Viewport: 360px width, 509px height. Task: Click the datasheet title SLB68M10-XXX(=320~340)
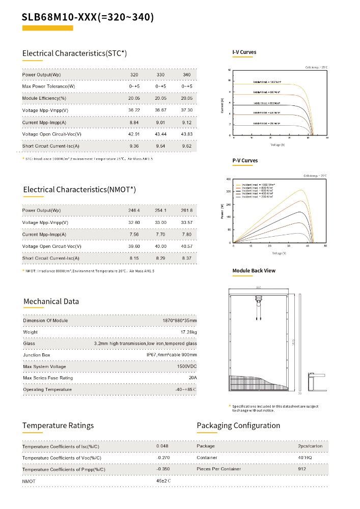pyautogui.click(x=88, y=17)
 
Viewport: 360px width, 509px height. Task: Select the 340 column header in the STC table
pyautogui.click(x=187, y=75)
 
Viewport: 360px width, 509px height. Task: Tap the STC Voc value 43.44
pyautogui.click(x=160, y=134)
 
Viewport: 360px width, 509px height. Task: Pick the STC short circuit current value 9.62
pyautogui.click(x=187, y=146)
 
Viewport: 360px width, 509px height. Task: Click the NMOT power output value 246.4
pyautogui.click(x=134, y=210)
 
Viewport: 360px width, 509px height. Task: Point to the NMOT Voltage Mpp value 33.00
pyautogui.click(x=160, y=222)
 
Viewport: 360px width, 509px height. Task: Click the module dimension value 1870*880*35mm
pyautogui.click(x=179, y=320)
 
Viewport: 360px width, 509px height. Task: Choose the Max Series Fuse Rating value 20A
pyautogui.click(x=192, y=378)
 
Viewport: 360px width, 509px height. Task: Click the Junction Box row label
pyautogui.click(x=37, y=355)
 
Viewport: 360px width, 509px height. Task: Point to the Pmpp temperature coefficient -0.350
pyautogui.click(x=163, y=468)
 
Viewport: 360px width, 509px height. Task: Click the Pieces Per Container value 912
pyautogui.click(x=302, y=468)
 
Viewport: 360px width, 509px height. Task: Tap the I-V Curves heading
pyautogui.click(x=244, y=52)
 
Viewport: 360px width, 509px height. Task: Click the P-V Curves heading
pyautogui.click(x=245, y=161)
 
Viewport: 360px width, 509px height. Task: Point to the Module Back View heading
pyautogui.click(x=254, y=271)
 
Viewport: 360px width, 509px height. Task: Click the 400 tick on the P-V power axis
pyautogui.click(x=228, y=179)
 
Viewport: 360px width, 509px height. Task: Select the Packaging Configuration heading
pyautogui.click(x=238, y=426)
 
